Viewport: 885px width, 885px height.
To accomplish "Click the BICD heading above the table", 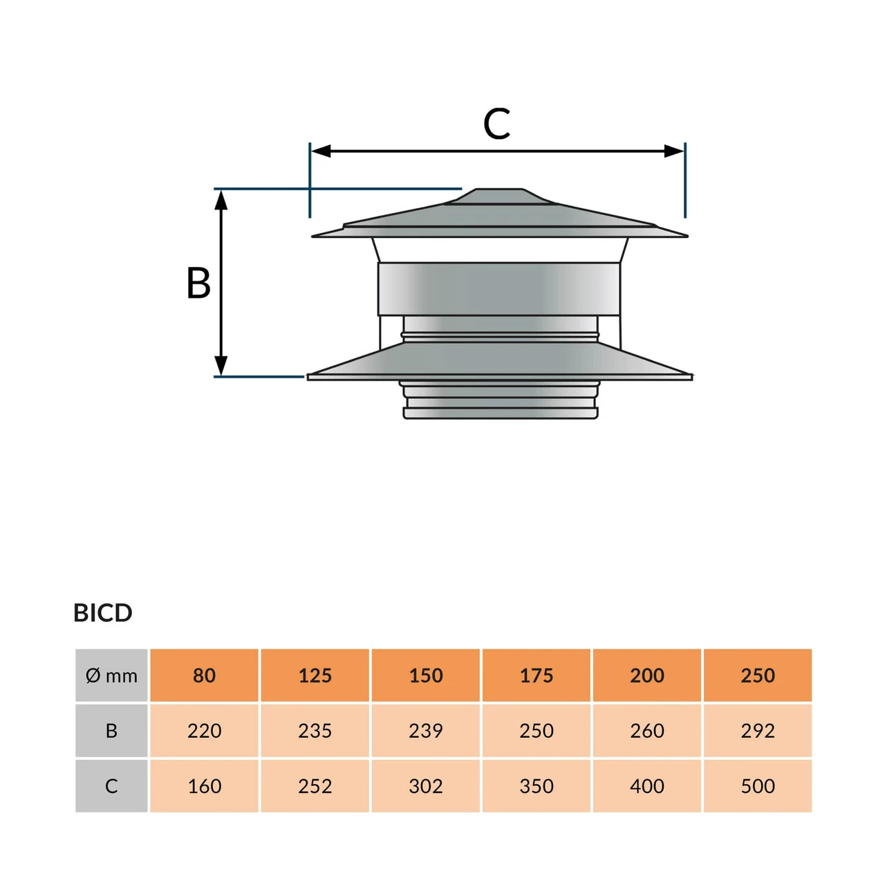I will pos(102,613).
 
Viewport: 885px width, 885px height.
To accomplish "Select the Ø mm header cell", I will pos(111,676).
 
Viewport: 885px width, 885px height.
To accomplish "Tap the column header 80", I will pos(204,676).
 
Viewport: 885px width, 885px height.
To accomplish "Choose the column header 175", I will pos(537,676).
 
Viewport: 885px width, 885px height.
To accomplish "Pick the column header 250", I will pos(758,676).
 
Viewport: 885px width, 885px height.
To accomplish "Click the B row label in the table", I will pos(111,731).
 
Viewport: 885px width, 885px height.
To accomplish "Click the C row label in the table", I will pos(111,786).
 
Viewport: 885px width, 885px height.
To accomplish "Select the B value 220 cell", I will pos(204,731).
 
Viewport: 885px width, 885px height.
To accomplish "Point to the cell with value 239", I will pos(426,731).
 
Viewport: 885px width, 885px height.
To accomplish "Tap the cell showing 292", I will pos(758,731).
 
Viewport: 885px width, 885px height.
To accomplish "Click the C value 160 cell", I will pos(204,786).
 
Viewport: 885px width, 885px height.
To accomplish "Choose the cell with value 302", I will pos(426,786).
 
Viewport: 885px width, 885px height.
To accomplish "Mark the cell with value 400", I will pos(647,786).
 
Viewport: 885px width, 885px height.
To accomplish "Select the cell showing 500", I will pos(758,786).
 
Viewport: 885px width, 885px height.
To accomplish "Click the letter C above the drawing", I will pos(496,124).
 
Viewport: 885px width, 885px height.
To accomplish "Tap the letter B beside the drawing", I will pos(198,283).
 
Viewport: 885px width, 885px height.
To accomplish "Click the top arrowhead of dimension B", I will pos(221,199).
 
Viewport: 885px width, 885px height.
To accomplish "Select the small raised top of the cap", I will pos(498,196).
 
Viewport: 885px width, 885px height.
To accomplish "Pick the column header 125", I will pos(315,676).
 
